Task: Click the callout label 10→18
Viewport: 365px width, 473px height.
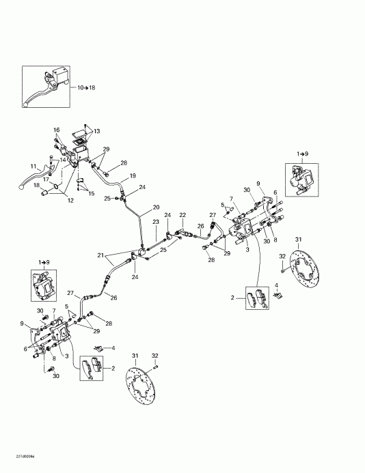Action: click(87, 89)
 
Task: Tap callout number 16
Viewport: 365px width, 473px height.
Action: click(57, 129)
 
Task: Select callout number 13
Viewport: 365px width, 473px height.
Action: click(96, 131)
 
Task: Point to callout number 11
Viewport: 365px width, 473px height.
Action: click(32, 166)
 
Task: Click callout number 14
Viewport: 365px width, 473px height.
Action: click(63, 160)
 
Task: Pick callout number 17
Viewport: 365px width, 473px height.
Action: click(46, 180)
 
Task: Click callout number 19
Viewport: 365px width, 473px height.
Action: click(133, 175)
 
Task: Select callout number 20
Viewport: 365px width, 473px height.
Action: click(156, 207)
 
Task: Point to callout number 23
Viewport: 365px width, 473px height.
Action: click(156, 223)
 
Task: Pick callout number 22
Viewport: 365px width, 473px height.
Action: click(182, 214)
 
